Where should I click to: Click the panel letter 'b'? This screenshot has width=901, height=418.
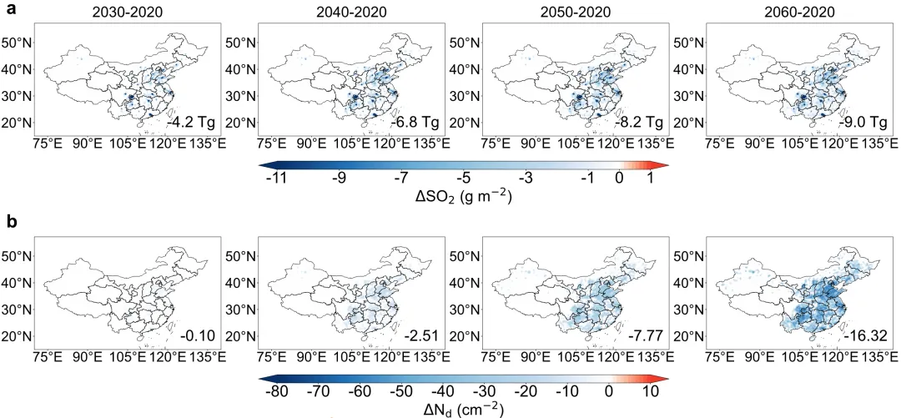pyautogui.click(x=12, y=221)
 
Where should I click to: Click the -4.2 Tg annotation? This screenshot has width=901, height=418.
pyautogui.click(x=192, y=123)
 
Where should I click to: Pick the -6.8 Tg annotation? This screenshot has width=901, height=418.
pyautogui.click(x=415, y=123)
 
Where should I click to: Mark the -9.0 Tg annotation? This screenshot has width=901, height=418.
pyautogui.click(x=863, y=123)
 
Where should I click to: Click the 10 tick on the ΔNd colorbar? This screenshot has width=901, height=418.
pyautogui.click(x=649, y=391)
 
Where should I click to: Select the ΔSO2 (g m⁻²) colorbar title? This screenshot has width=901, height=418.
pyautogui.click(x=464, y=197)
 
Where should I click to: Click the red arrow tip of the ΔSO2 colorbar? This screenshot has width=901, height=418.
pyautogui.click(x=669, y=165)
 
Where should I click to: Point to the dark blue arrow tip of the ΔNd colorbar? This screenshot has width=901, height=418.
pyautogui.click(x=259, y=378)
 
